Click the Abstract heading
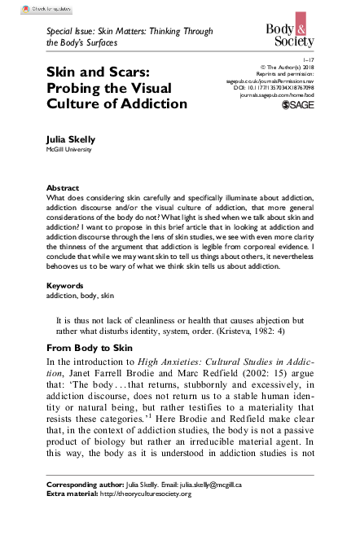63,187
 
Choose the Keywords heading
65,286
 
